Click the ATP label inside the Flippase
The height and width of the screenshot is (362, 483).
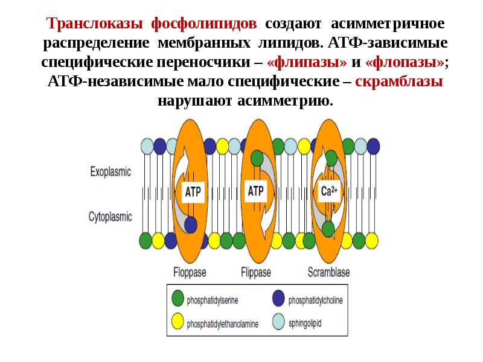(256, 192)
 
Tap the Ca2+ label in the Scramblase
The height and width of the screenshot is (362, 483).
(328, 192)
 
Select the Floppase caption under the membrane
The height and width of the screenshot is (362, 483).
(190, 271)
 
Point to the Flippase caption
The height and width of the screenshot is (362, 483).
(256, 271)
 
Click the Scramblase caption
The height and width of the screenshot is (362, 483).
(328, 271)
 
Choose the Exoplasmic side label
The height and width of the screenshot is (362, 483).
(110, 171)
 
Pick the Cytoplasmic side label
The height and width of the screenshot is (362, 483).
(110, 215)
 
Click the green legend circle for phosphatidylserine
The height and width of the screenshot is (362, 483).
(178, 298)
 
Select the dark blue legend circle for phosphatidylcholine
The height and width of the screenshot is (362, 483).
(278, 298)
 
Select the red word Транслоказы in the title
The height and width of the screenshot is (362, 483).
(95, 24)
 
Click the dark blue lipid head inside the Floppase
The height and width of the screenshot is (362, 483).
(191, 224)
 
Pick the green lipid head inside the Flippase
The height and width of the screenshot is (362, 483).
(257, 159)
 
